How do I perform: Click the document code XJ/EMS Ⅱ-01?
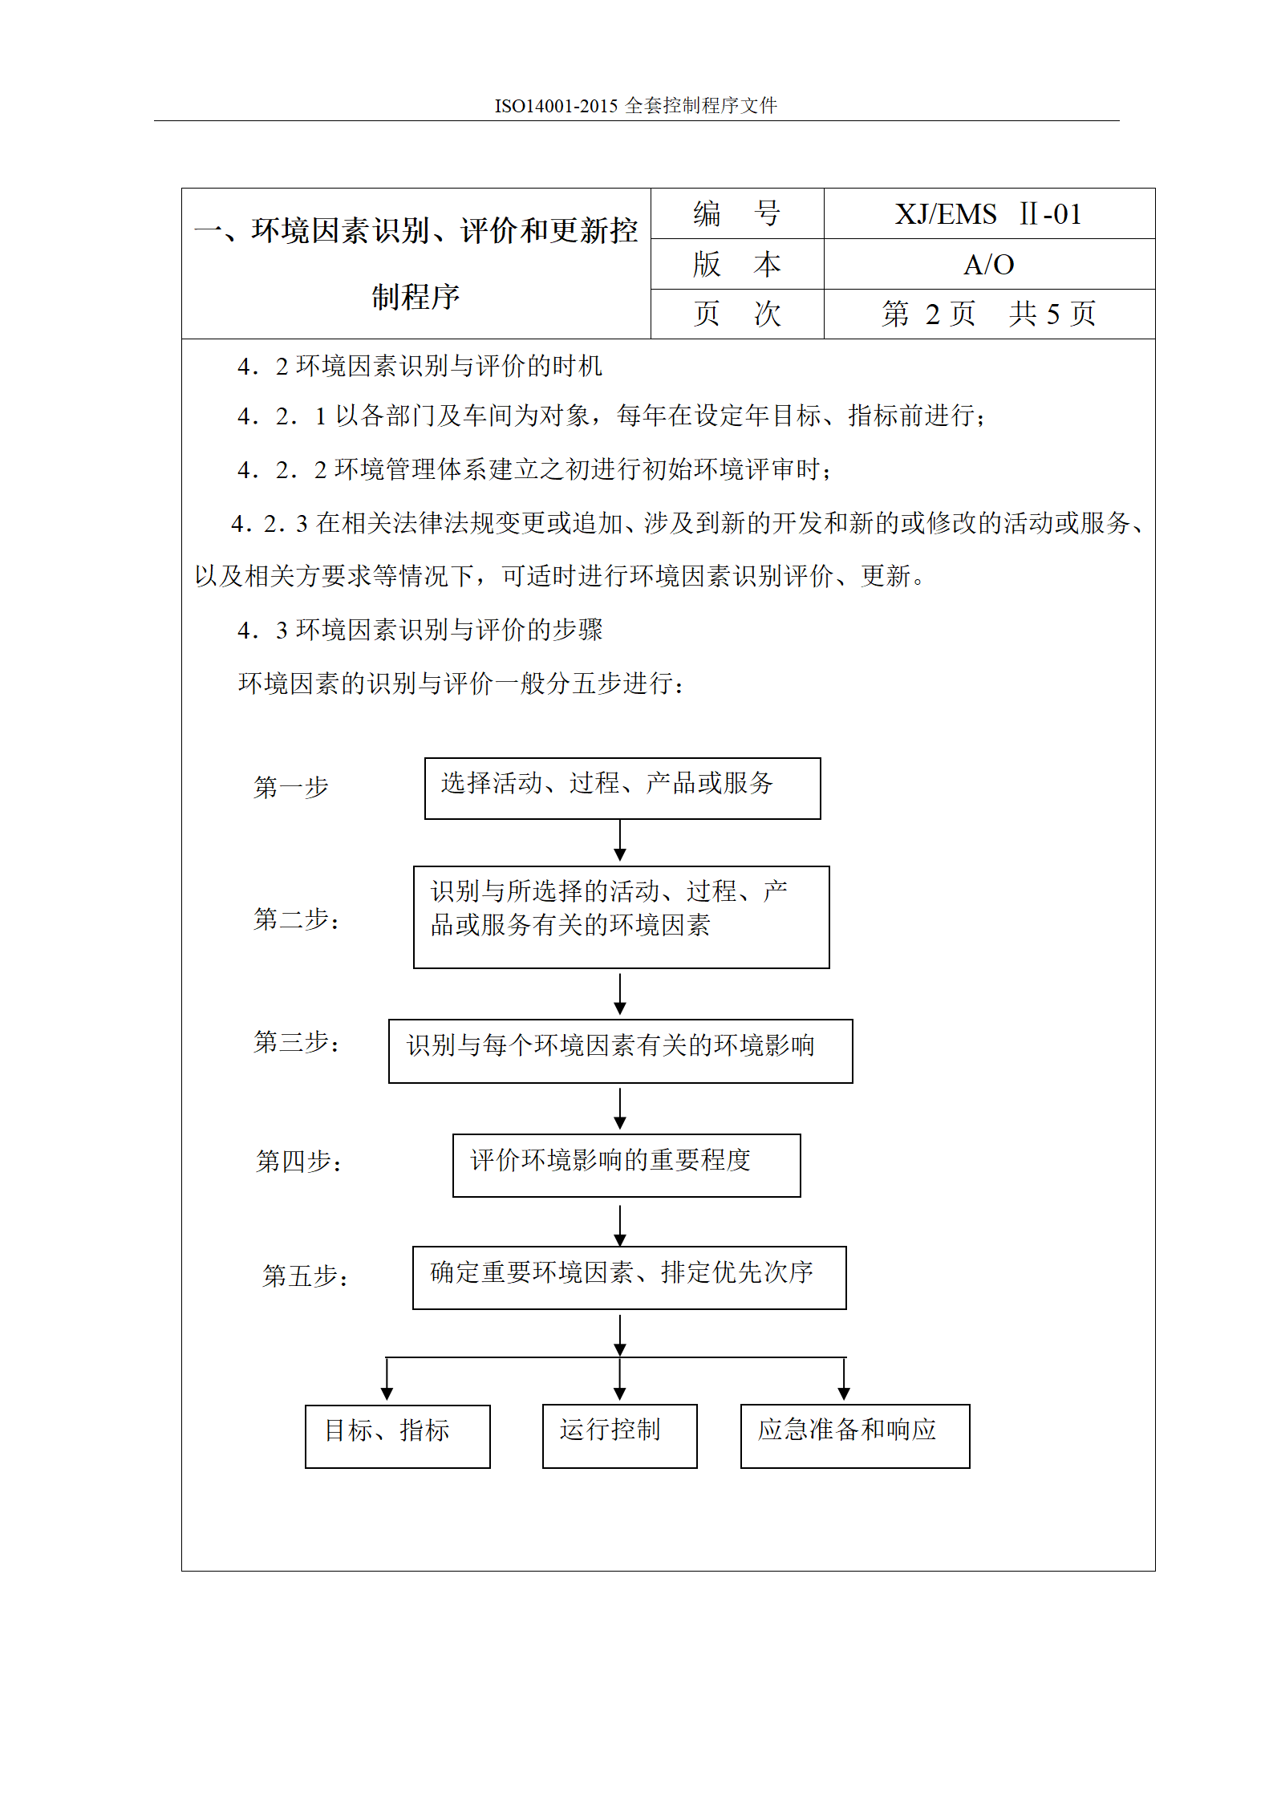988,214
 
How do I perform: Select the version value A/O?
988,265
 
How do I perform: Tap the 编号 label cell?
736,214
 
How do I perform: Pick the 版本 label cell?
736,265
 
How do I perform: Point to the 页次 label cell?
736,314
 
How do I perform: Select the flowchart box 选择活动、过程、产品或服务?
622,788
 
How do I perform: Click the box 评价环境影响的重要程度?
626,1165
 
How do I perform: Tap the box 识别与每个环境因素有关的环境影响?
620,1050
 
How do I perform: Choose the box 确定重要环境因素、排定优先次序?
629,1277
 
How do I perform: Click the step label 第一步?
291,787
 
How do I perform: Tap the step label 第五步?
305,1276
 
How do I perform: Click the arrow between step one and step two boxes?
619,841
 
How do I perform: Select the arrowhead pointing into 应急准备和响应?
844,1393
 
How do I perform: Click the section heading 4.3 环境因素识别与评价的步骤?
420,630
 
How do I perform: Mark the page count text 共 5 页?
1052,314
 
